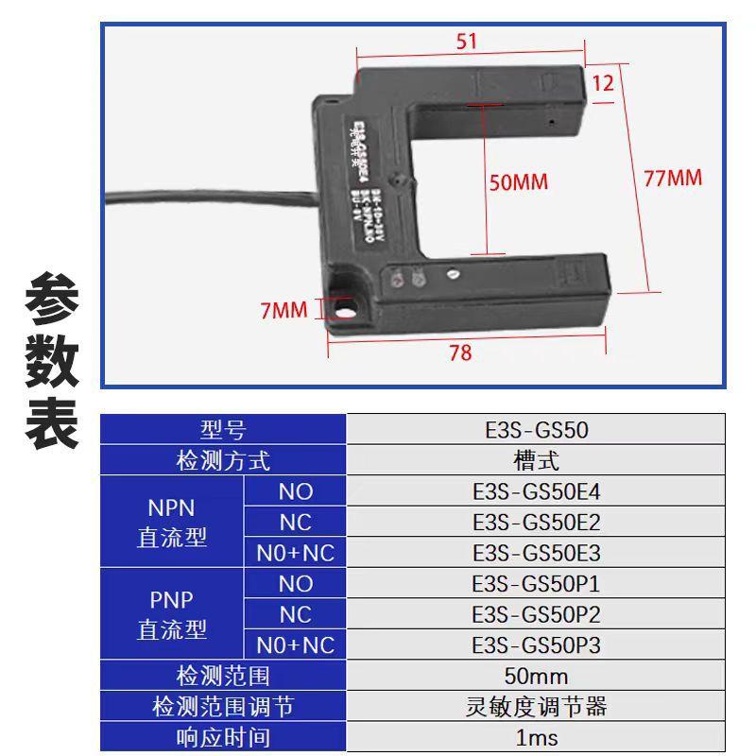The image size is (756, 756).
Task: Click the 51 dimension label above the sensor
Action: pyautogui.click(x=467, y=42)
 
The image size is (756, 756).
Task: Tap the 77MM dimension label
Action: pyautogui.click(x=673, y=178)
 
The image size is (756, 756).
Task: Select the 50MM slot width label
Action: pyautogui.click(x=518, y=181)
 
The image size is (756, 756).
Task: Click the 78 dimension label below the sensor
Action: pyautogui.click(x=460, y=353)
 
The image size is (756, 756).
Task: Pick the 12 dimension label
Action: pyautogui.click(x=603, y=83)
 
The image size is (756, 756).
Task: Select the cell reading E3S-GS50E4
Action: pyautogui.click(x=536, y=491)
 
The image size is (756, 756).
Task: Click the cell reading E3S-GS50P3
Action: pyautogui.click(x=536, y=645)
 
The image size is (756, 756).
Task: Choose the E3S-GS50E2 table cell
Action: pyautogui.click(x=536, y=523)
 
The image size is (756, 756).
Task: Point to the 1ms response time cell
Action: pyautogui.click(x=536, y=736)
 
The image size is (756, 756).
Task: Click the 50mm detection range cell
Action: pyautogui.click(x=536, y=676)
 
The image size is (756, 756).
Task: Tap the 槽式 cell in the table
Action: pyautogui.click(x=536, y=461)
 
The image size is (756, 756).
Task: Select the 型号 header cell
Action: pyautogui.click(x=223, y=431)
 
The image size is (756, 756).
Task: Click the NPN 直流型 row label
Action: pyautogui.click(x=172, y=523)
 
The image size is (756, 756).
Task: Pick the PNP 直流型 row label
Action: pyautogui.click(x=172, y=614)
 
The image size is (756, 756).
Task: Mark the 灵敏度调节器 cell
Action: pyautogui.click(x=536, y=706)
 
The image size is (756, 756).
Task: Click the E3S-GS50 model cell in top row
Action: pyautogui.click(x=536, y=431)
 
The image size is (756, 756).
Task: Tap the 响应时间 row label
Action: pyautogui.click(x=223, y=736)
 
